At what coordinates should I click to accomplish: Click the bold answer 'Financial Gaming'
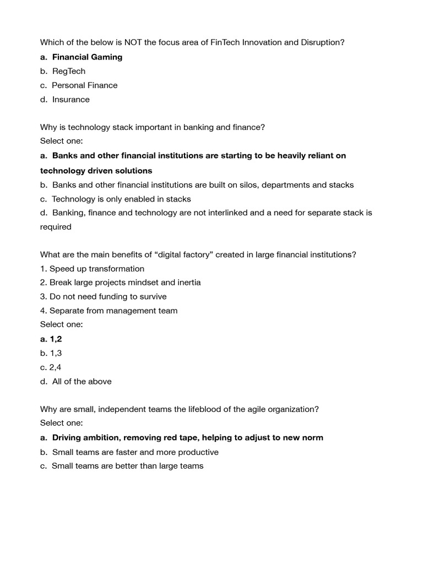click(87, 57)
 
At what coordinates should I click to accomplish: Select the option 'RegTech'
click(69, 72)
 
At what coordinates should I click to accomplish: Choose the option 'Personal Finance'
click(84, 85)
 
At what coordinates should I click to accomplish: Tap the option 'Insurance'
click(70, 100)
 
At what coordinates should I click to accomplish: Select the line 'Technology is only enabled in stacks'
click(121, 199)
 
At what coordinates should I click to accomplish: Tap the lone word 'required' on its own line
click(56, 227)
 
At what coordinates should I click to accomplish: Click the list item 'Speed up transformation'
click(96, 269)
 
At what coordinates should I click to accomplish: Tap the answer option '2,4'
click(55, 367)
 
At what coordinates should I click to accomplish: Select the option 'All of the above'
click(82, 382)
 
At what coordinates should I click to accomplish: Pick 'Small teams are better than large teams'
click(127, 466)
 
